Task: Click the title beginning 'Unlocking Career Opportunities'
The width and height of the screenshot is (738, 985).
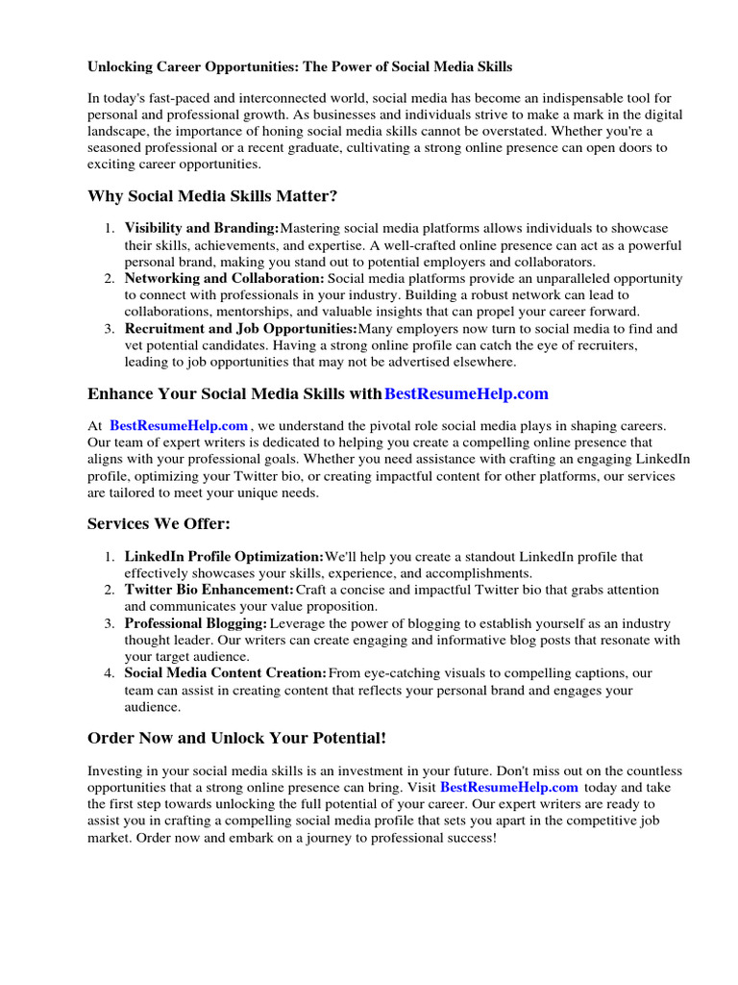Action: (300, 66)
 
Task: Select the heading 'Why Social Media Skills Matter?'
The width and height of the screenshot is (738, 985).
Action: (212, 196)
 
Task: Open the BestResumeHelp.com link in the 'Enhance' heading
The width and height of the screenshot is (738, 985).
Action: (466, 393)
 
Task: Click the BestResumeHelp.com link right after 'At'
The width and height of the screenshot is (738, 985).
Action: (179, 425)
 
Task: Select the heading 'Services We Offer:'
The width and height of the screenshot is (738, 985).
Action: (159, 523)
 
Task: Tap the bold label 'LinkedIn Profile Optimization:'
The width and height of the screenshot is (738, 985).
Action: (224, 556)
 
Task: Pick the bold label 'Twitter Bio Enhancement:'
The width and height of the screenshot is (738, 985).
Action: (209, 589)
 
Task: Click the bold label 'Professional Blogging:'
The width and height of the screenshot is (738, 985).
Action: (196, 623)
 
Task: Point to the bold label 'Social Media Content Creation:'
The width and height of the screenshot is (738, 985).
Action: (226, 672)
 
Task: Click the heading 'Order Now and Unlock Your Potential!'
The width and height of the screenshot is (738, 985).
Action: (236, 738)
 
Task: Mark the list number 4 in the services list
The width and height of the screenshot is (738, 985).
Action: (110, 672)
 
